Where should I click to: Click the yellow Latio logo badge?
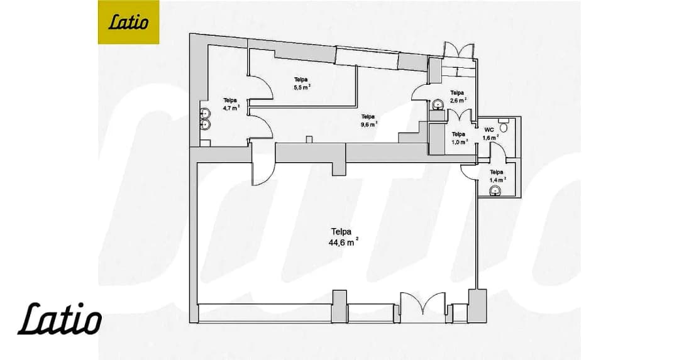128,22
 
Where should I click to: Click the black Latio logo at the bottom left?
60,319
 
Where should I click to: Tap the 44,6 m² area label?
343,237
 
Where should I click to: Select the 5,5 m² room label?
302,83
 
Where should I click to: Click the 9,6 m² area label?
368,120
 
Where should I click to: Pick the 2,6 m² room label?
458,97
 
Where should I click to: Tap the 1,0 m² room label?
459,138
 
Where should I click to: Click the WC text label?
489,129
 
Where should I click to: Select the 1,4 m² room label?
497,176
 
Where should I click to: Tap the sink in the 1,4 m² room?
495,191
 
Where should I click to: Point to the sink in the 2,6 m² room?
438,104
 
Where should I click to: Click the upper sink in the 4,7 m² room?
205,113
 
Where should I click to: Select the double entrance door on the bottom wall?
422,307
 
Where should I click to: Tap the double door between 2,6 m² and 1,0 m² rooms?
459,116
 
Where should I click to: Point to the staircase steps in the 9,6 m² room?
414,132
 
